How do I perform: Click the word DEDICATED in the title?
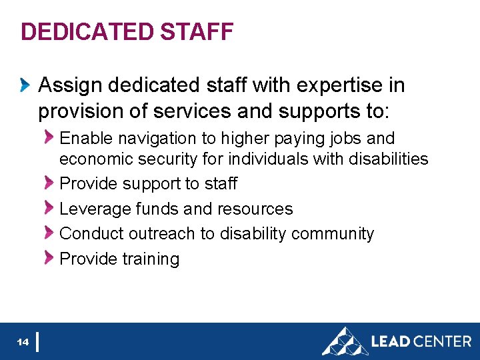(87, 31)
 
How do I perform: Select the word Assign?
(70, 85)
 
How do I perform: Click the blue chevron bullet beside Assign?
(25, 85)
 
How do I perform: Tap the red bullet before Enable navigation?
(49, 138)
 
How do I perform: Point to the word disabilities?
(389, 159)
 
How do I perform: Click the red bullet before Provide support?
(49, 183)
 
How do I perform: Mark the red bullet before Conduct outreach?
(49, 233)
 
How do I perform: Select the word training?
(150, 259)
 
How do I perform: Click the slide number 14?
(23, 342)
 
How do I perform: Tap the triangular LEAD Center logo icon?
(345, 341)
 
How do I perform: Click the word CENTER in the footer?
(442, 341)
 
